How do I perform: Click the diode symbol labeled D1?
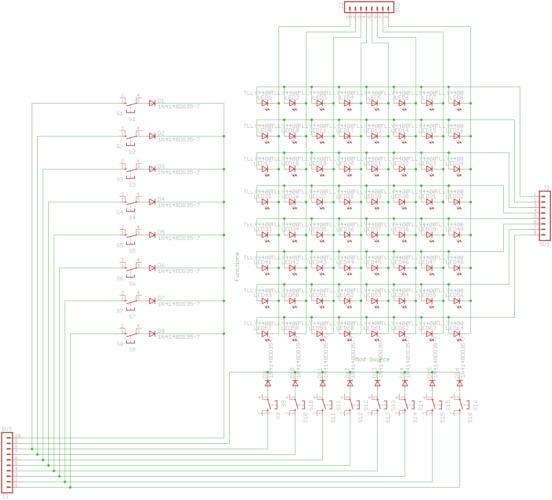point(152,104)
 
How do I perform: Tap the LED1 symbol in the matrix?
point(265,104)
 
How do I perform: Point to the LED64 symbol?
point(457,334)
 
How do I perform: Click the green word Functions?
point(237,266)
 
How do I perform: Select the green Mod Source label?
point(373,360)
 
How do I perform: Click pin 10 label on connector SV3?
point(18,436)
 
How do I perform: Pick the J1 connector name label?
point(546,188)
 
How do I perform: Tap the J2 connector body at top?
point(369,7)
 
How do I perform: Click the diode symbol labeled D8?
point(152,334)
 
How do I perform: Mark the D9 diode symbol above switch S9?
point(268,383)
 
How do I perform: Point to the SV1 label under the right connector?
point(544,244)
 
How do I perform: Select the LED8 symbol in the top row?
point(457,104)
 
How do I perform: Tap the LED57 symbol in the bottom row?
point(265,334)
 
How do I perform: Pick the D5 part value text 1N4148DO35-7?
point(178,238)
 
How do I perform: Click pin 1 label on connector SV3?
point(16,485)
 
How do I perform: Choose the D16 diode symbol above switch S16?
point(460,383)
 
